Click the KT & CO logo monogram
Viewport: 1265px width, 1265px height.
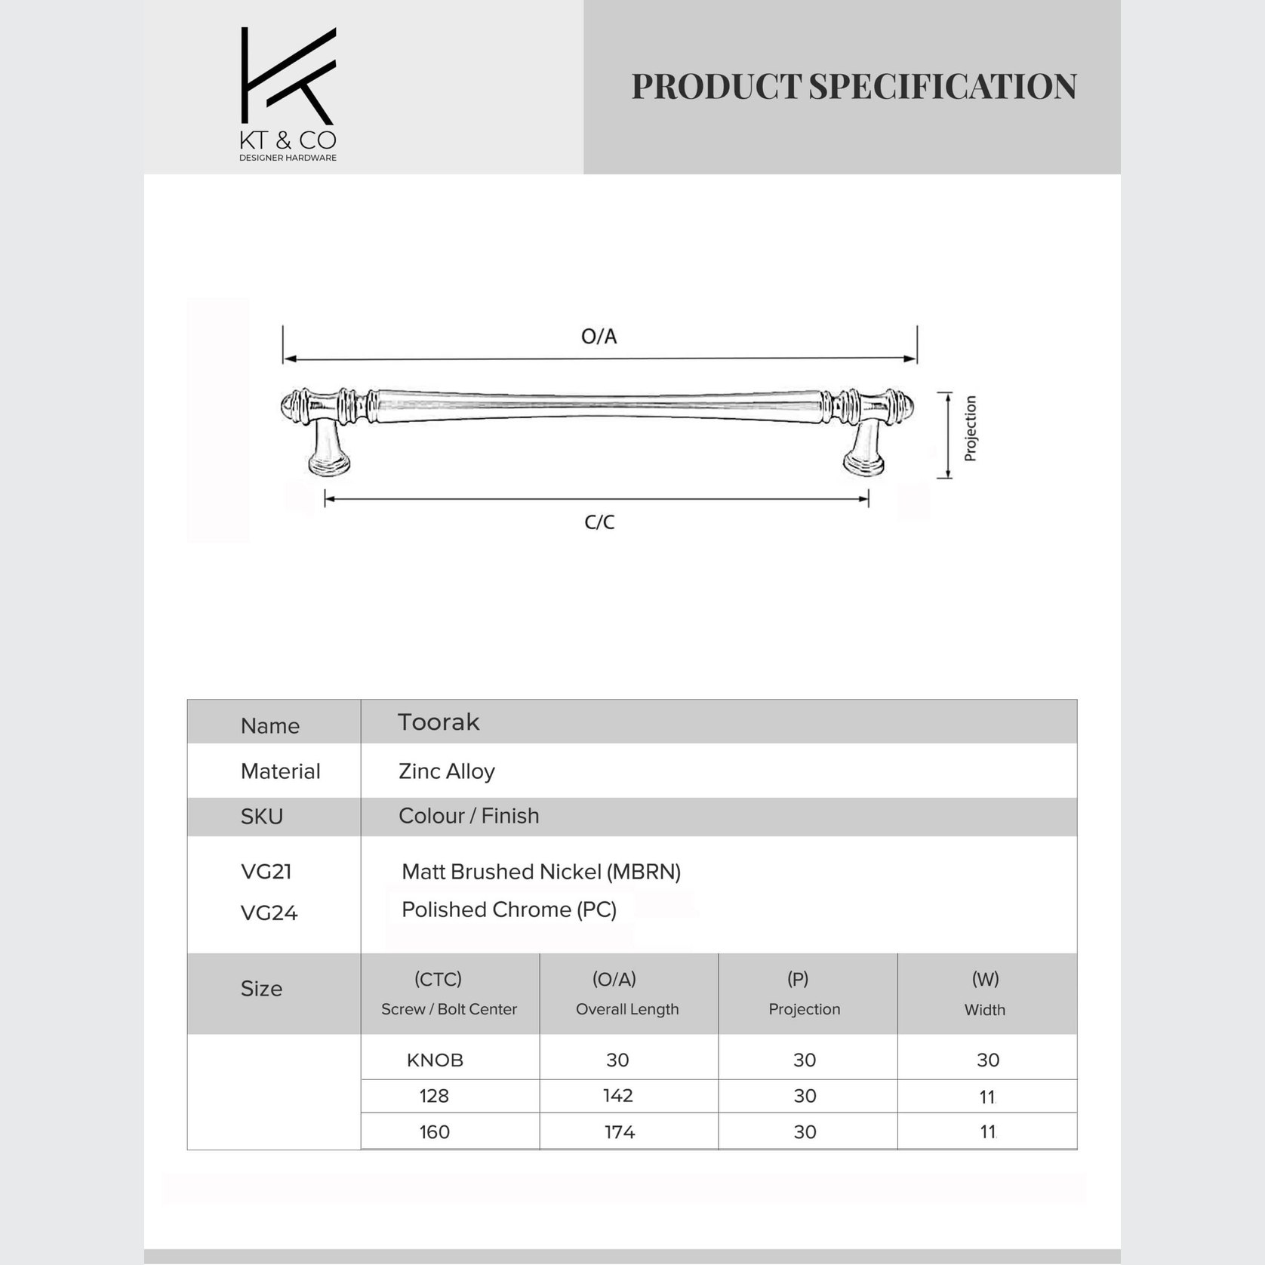(288, 76)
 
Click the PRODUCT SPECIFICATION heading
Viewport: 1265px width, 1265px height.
(854, 87)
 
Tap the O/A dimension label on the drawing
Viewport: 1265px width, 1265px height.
(599, 337)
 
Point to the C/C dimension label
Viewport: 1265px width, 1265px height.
(599, 522)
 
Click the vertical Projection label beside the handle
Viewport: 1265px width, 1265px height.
(971, 428)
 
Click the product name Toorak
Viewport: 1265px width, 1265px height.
(439, 722)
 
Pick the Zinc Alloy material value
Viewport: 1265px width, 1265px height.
(447, 771)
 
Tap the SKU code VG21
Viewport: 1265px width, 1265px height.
(266, 872)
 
